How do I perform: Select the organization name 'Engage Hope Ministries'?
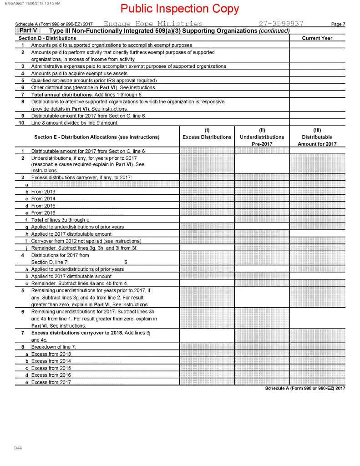click(x=153, y=24)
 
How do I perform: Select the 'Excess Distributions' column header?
click(x=207, y=137)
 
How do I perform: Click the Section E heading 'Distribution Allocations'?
click(x=96, y=137)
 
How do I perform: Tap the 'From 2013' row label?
click(x=43, y=192)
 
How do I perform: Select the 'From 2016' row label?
click(x=43, y=213)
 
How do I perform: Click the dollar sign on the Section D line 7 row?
click(x=126, y=262)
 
